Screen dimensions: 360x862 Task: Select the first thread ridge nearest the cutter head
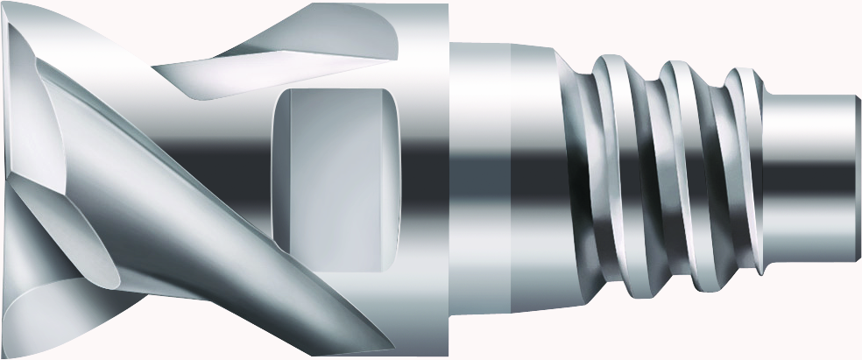click(x=613, y=175)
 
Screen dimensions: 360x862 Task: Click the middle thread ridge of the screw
click(x=679, y=175)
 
